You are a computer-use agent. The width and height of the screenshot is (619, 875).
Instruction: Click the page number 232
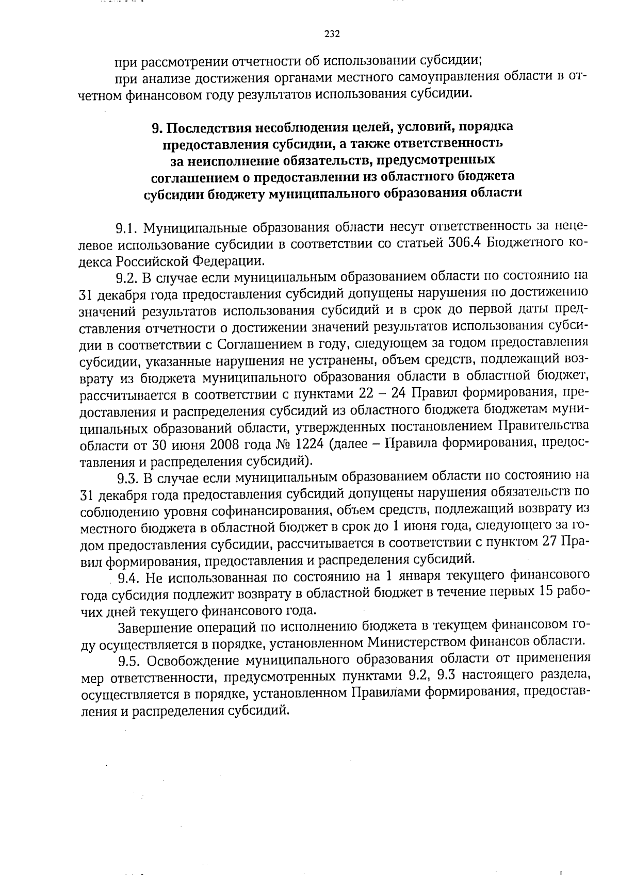point(332,35)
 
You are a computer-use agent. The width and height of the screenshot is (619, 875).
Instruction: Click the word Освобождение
point(191,661)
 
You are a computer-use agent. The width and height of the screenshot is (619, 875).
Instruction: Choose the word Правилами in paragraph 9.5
point(386,694)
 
